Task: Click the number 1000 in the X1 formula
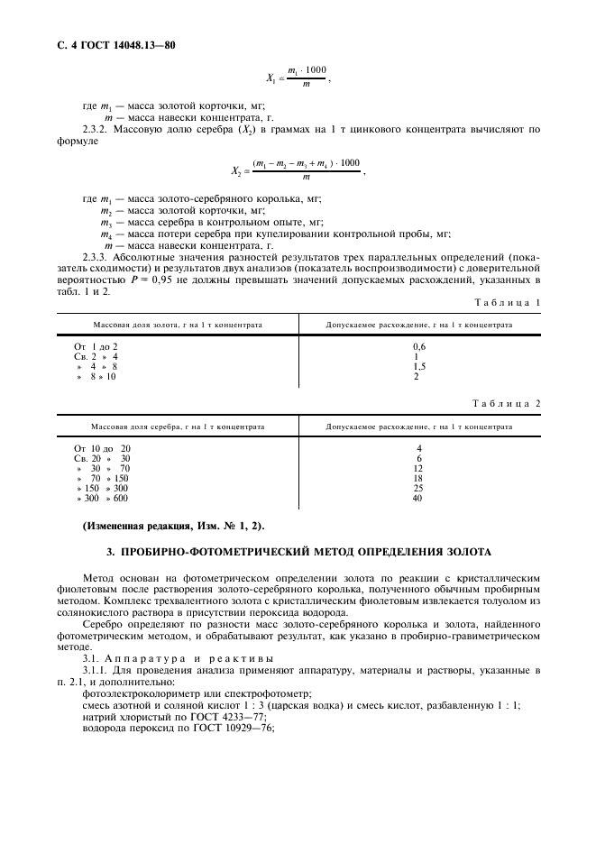point(316,70)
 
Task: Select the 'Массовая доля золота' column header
point(179,324)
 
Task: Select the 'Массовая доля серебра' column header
point(178,425)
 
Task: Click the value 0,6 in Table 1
point(418,346)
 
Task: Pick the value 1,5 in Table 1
point(418,366)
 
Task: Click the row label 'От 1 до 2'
point(96,346)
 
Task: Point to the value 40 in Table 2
point(417,499)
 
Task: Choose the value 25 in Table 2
point(418,489)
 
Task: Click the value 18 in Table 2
point(418,478)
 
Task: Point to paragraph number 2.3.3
point(96,258)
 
